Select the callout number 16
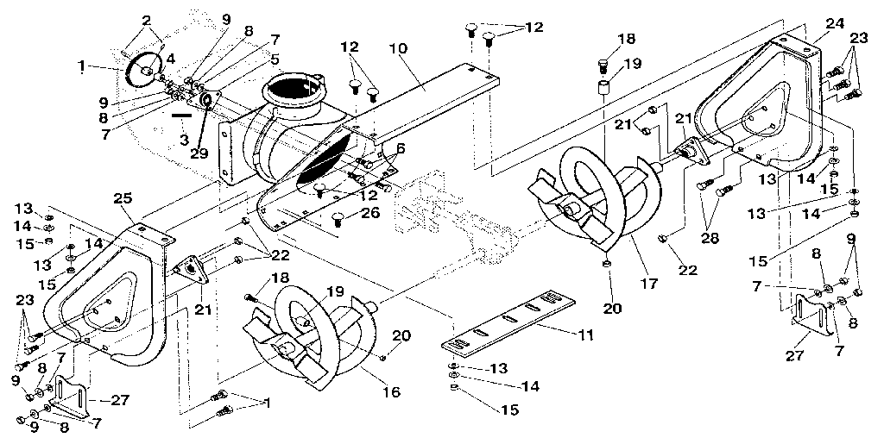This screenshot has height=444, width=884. click(392, 392)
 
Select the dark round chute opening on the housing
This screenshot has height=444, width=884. click(297, 90)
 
